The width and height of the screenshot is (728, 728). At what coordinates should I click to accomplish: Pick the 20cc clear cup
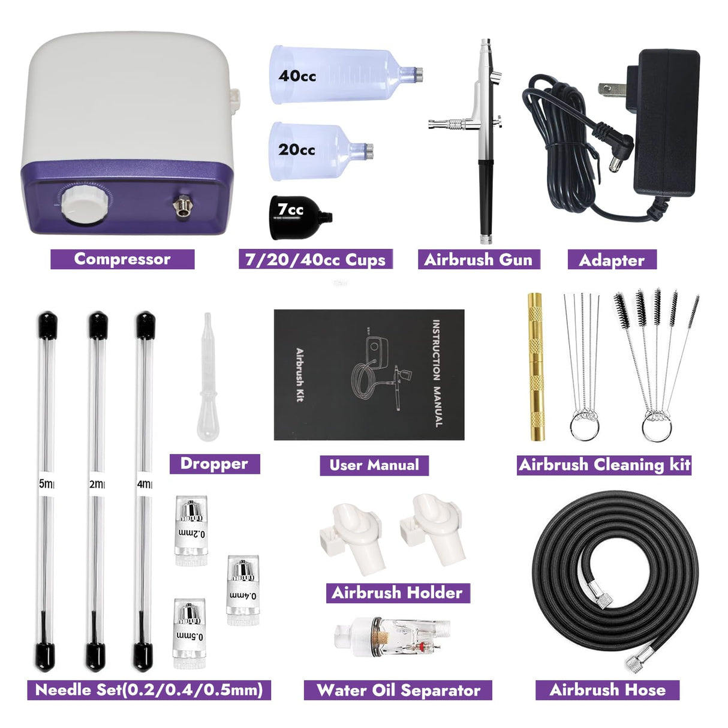coord(318,150)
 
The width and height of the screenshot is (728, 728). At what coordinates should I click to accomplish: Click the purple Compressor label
coord(122,259)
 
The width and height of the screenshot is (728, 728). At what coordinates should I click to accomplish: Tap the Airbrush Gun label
coord(478,260)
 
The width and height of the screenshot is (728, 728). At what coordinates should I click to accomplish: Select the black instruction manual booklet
coord(369,375)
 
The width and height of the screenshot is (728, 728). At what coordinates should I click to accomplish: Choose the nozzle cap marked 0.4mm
coord(242,591)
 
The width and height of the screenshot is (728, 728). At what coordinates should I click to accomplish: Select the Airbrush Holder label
coord(397,593)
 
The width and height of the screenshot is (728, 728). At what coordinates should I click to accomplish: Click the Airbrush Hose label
coord(607,690)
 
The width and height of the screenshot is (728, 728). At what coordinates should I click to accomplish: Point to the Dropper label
coord(214,464)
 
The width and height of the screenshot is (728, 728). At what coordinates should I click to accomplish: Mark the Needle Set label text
coord(149,690)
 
